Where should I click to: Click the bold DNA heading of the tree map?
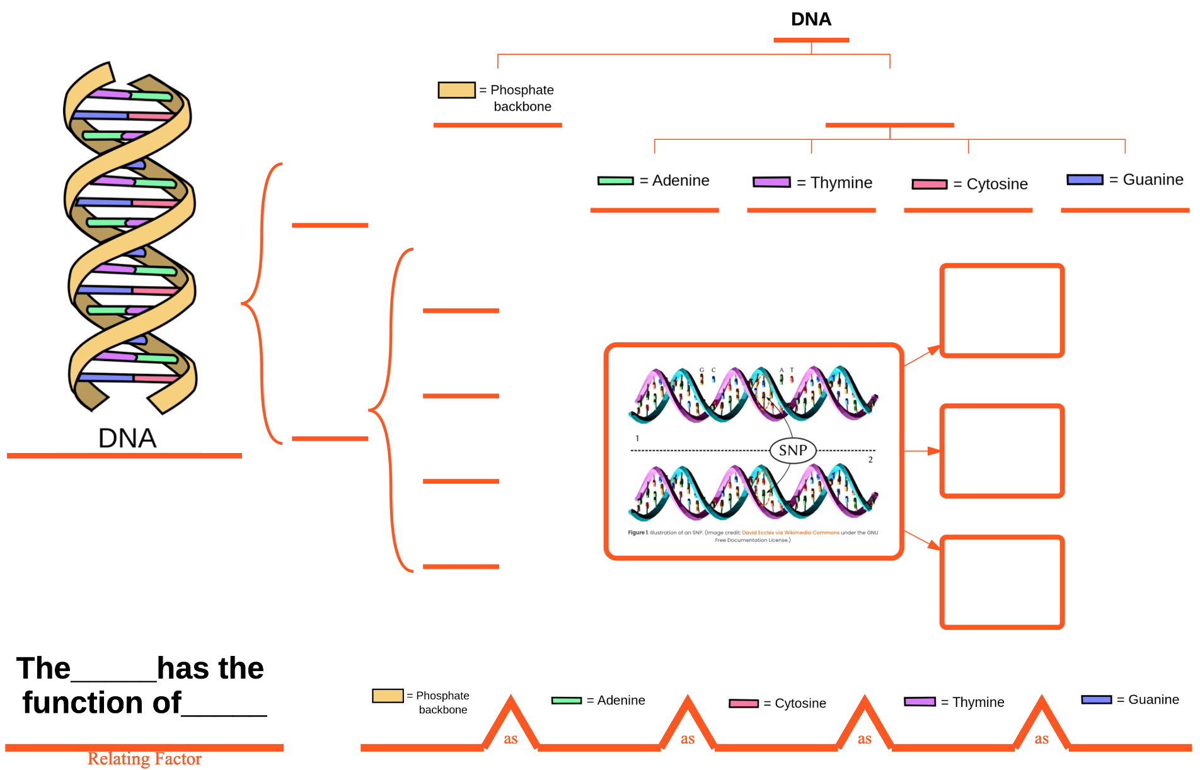(x=811, y=20)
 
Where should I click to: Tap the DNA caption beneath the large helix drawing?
(x=127, y=438)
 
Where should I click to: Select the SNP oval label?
(x=793, y=451)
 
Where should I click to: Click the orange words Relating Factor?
(x=144, y=759)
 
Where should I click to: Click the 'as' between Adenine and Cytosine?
(x=688, y=739)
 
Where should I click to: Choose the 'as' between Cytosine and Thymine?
(x=865, y=739)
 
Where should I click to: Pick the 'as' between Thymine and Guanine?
(x=1042, y=739)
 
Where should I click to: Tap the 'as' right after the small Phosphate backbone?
(x=511, y=739)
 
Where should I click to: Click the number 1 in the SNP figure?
(x=637, y=439)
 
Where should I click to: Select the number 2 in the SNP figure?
(x=870, y=460)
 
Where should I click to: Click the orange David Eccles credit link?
(x=790, y=532)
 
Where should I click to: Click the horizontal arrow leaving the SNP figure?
(x=921, y=451)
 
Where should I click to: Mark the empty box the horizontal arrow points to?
(x=1001, y=451)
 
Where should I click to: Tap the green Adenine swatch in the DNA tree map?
(x=616, y=181)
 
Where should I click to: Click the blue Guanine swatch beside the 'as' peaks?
(x=1096, y=699)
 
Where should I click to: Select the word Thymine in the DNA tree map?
(x=841, y=183)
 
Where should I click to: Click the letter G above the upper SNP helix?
(x=701, y=371)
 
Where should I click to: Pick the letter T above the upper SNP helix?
(x=792, y=371)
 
